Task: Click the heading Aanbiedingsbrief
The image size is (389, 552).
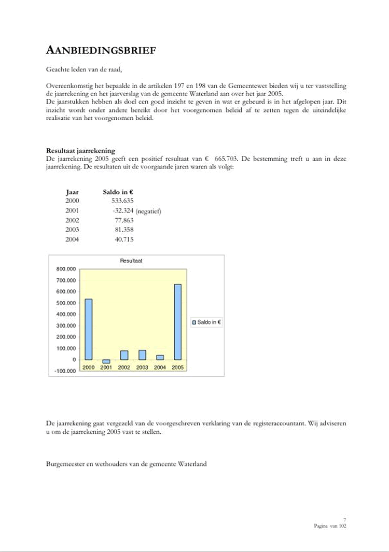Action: (x=101, y=50)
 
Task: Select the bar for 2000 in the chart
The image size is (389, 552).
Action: (x=89, y=329)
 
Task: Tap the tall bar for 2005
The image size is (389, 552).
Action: (x=178, y=321)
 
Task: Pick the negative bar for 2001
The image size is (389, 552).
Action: (x=106, y=361)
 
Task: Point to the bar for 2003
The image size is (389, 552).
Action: (x=142, y=355)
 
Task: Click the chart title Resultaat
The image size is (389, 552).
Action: (x=131, y=261)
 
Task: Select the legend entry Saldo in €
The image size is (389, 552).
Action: (x=207, y=322)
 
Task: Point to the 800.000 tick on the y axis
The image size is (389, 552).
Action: (x=66, y=269)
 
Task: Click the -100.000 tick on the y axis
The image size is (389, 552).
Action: (x=65, y=371)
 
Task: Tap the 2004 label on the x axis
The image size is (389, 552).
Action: (x=160, y=367)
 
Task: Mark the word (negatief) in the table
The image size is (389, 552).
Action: (x=149, y=211)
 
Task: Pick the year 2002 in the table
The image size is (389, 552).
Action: (x=72, y=220)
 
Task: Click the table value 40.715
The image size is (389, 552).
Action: (x=124, y=239)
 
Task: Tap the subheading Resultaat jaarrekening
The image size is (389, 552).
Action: (x=80, y=151)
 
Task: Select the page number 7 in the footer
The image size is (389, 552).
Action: (x=344, y=519)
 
